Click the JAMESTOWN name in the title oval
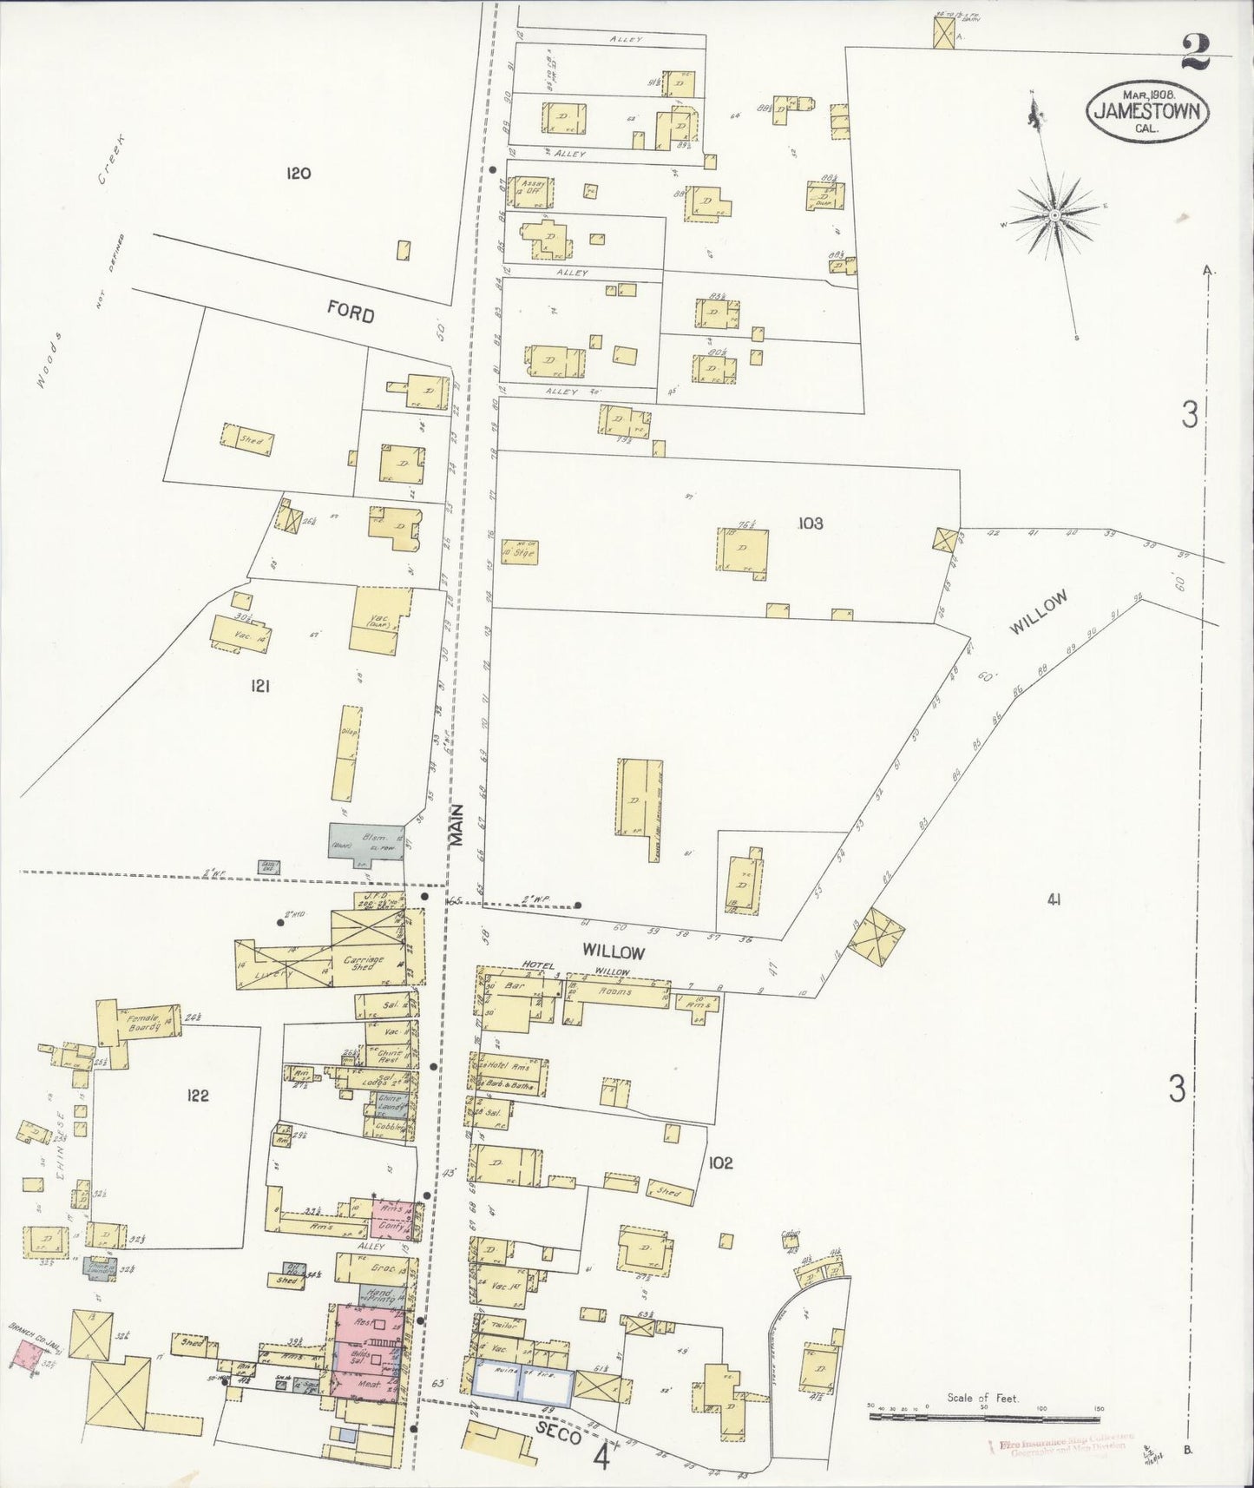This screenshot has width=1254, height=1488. click(1148, 110)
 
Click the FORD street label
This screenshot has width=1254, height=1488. click(351, 311)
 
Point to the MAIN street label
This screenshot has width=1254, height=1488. click(457, 826)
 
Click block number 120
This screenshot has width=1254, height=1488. click(298, 174)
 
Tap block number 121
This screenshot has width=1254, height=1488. click(259, 687)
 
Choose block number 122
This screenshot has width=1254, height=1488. click(198, 1096)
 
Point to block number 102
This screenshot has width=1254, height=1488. click(720, 1163)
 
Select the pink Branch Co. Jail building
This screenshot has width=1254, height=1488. click(27, 1354)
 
